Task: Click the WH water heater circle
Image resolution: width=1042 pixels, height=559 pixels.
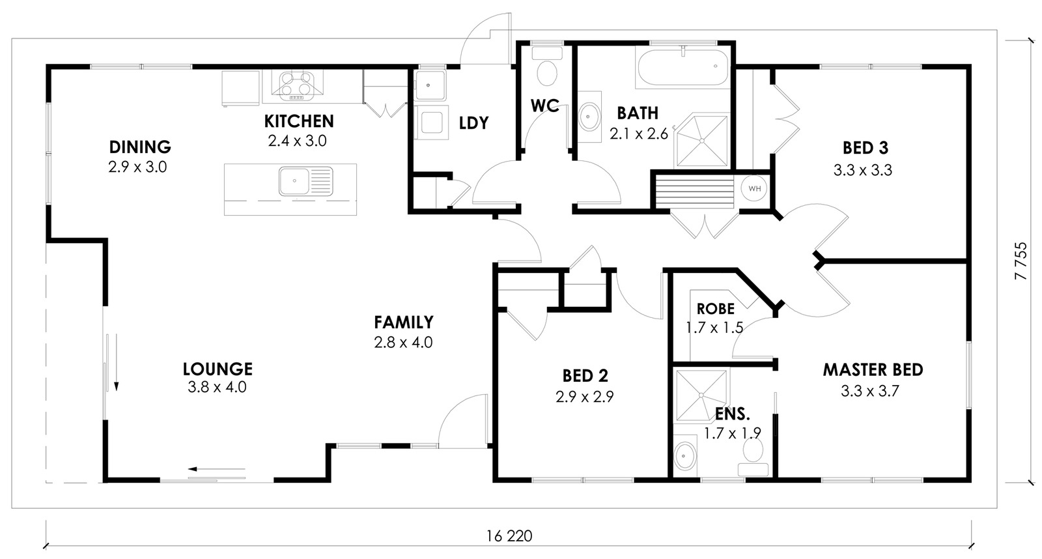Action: pos(754,188)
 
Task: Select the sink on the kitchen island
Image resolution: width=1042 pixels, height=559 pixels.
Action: pos(306,182)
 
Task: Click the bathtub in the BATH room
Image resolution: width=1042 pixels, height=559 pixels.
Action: pos(683,68)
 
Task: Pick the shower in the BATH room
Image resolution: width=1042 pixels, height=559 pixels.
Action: pos(701,140)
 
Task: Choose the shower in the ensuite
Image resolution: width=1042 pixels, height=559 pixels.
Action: pos(701,395)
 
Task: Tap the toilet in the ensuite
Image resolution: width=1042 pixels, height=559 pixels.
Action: pos(753,457)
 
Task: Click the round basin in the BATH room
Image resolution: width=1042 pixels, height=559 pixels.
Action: pos(589,117)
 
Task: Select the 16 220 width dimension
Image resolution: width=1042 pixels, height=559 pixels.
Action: pos(509,536)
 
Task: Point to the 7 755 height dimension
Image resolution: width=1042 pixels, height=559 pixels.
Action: pos(1021,261)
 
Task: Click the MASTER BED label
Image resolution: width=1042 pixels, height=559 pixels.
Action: pos(873,370)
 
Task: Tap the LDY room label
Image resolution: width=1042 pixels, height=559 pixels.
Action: pos(474,123)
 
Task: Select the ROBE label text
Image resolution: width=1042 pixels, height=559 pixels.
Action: pos(716,309)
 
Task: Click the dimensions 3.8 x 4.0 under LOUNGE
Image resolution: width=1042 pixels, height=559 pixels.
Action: pos(218,387)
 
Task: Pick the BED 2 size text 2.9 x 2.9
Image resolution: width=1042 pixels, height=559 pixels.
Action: pos(585,397)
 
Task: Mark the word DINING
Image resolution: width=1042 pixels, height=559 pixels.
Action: pos(140,147)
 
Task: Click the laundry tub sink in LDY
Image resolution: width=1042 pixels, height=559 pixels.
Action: pos(430,85)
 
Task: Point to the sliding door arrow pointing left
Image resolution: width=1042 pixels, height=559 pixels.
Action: pos(216,468)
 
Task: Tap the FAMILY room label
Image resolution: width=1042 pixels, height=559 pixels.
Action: pos(404,322)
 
